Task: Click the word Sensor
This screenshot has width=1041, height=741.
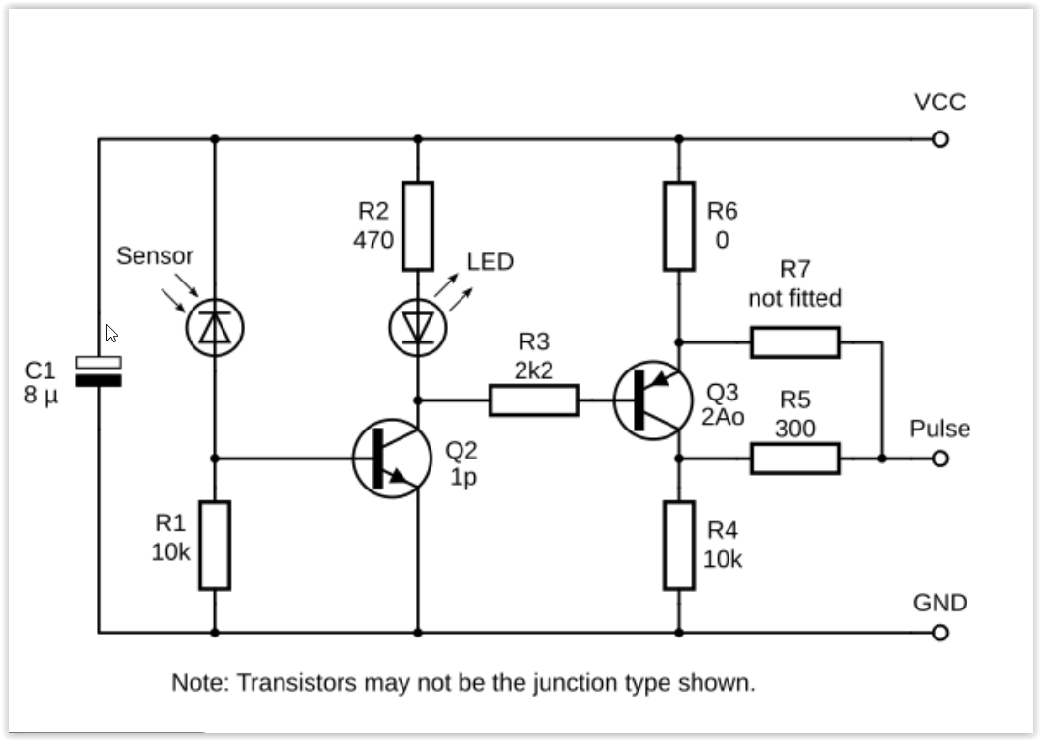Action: pos(155,256)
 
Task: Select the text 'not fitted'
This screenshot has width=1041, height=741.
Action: pos(794,298)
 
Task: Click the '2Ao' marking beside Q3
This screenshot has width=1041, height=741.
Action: pos(723,417)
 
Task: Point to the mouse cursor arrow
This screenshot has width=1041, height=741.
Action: pos(111,334)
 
